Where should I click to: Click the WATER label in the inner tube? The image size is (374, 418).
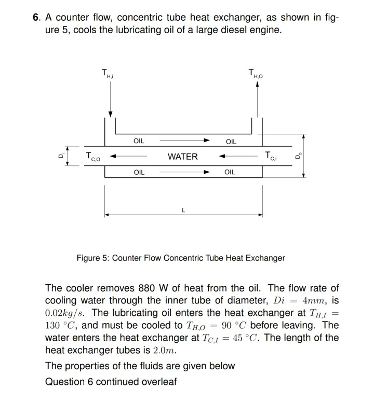point(182,156)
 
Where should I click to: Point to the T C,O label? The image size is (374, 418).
point(93,156)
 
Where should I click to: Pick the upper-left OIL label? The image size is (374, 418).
point(139,141)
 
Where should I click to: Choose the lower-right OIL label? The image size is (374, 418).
point(230,172)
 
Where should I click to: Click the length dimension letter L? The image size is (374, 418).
point(183,210)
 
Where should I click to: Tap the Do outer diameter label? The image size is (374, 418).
point(298,155)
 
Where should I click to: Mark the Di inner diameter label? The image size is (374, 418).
point(61,155)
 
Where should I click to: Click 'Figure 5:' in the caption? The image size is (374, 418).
point(92,258)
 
